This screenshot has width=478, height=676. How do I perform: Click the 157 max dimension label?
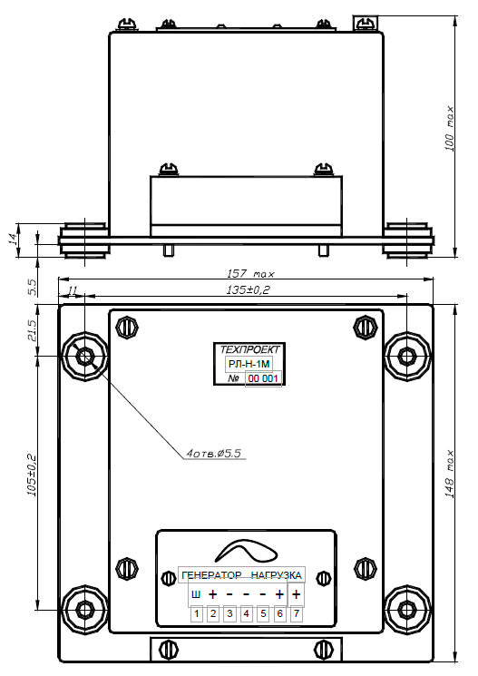(x=250, y=273)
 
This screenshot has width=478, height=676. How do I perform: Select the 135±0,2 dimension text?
(x=248, y=289)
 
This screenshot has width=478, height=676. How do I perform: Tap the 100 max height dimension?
(x=449, y=129)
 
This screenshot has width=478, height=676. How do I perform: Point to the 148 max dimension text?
(x=449, y=475)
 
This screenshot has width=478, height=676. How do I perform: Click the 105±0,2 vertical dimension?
(x=32, y=475)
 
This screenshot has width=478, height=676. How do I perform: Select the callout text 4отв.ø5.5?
(x=214, y=453)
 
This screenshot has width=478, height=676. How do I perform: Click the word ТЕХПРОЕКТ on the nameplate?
(x=250, y=349)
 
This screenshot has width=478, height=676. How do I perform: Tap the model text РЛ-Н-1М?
(x=249, y=364)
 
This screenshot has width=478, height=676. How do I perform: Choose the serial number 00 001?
(x=263, y=379)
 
